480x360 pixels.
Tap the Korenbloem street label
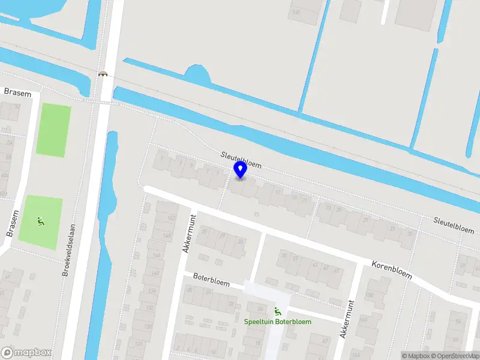tap(392, 269)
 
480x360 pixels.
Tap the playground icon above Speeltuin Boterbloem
tap(277, 311)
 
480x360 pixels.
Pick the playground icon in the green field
tap(40, 221)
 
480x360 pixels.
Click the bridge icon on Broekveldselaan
tap(103, 74)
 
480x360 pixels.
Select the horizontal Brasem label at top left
tap(17, 92)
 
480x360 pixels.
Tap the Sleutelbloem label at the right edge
tap(454, 225)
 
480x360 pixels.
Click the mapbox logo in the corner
tap(26, 353)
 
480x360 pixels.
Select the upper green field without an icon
tap(53, 130)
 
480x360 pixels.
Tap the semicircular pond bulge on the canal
tap(198, 75)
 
